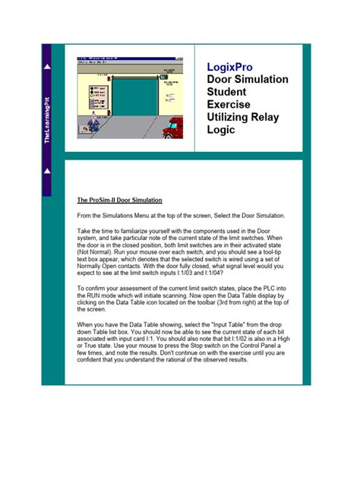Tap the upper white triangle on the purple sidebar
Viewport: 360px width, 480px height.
pos(47,68)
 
